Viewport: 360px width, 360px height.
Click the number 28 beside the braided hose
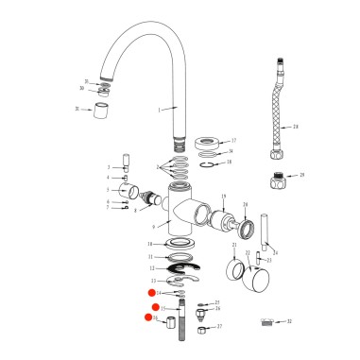pos(296,126)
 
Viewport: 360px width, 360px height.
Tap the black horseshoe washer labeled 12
pos(177,268)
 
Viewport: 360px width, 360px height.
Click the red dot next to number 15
pos(155,307)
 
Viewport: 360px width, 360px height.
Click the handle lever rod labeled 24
pos(266,232)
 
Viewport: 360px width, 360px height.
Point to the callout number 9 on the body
pos(154,226)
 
